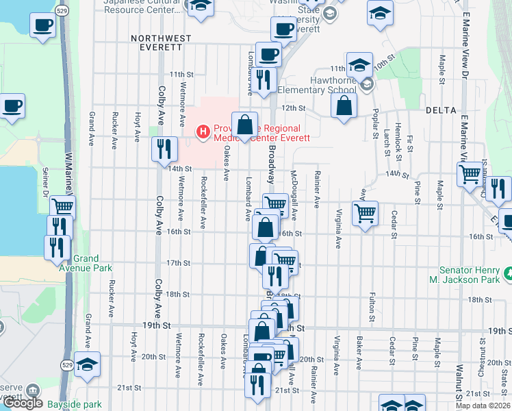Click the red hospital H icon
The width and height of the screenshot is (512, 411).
(x=203, y=131)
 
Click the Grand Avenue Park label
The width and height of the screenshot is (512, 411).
(x=87, y=263)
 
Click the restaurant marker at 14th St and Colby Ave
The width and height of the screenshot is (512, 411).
(x=165, y=148)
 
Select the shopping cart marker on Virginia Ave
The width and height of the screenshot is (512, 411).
(x=366, y=213)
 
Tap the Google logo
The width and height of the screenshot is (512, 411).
(x=23, y=403)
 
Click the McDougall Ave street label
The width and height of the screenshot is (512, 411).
(x=293, y=195)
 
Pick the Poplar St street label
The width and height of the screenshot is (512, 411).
(x=376, y=123)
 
